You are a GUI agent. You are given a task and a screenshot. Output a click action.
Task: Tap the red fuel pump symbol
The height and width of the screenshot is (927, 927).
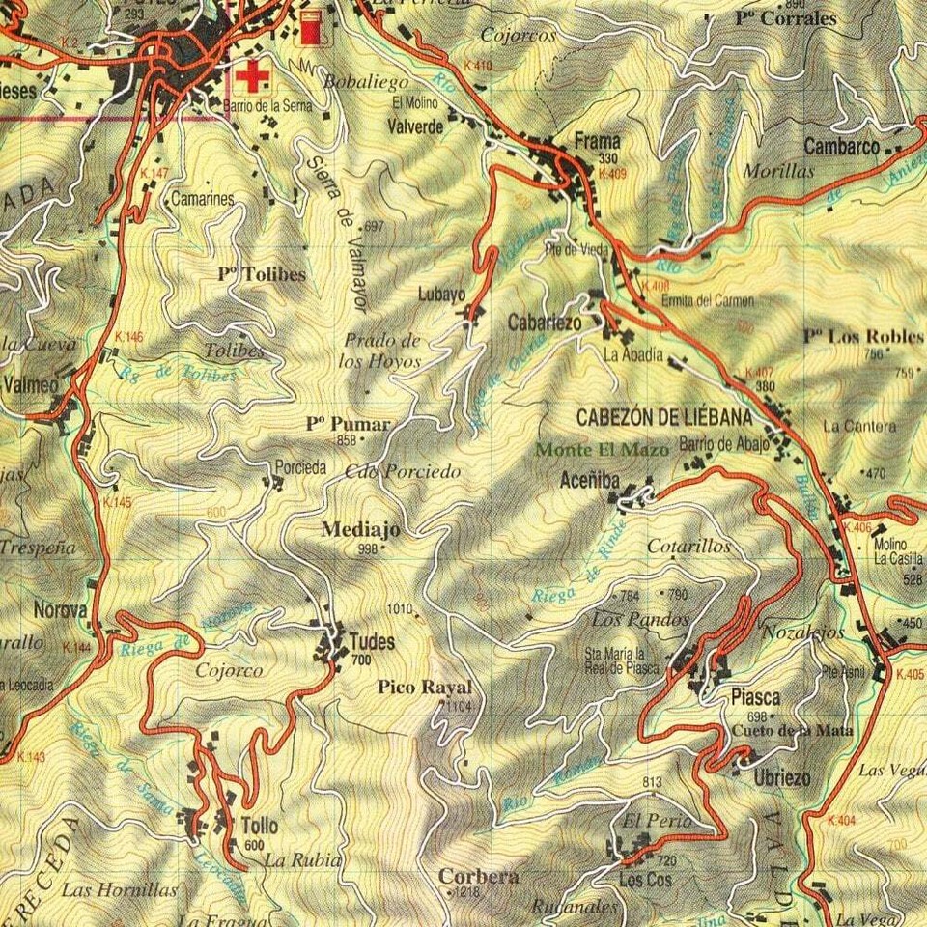point(310,27)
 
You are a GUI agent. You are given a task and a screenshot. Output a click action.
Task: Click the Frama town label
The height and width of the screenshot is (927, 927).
point(596,141)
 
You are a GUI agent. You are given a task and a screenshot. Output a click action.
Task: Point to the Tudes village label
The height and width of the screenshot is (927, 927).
point(372,641)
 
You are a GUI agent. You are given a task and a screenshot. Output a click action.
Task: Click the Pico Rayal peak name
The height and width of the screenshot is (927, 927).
point(425,688)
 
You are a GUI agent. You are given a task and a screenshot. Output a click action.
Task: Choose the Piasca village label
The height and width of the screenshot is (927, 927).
point(756,697)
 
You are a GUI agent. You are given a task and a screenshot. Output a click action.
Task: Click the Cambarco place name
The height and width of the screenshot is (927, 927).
point(841,148)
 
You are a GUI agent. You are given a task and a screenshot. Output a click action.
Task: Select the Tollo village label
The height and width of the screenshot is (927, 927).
point(259,827)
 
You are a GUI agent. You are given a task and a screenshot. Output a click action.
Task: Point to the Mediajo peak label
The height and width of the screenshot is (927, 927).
point(359,529)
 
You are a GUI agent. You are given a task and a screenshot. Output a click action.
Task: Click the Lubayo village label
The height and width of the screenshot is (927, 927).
point(441,295)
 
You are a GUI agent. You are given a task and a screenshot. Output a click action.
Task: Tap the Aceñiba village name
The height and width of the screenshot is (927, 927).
point(589,480)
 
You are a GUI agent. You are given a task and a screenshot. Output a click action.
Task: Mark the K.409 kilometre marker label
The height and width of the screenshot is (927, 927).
point(612,175)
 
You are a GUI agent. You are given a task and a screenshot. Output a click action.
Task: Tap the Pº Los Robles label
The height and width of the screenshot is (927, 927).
point(862,337)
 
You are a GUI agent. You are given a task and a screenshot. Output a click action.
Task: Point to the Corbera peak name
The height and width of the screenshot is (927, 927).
point(478,877)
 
